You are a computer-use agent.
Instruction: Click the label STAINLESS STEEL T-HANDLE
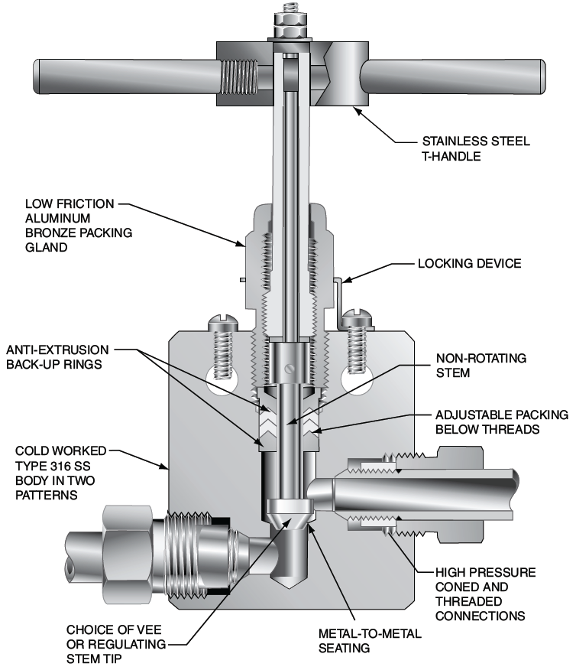click(x=487, y=148)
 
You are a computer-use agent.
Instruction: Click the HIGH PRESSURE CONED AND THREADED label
click(x=485, y=593)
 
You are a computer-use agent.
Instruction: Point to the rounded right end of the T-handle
click(x=539, y=76)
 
